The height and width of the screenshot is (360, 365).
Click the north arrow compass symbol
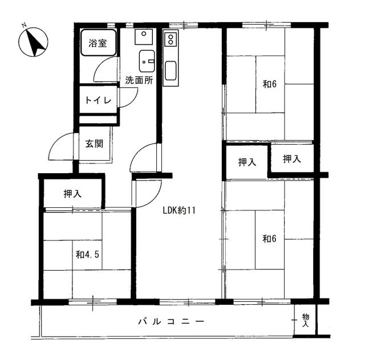[33, 42]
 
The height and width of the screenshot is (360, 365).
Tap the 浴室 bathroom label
[98, 43]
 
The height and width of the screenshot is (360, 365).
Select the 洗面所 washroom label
[139, 80]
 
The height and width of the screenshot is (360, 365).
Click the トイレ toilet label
[98, 100]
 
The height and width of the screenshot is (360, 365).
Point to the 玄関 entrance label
[94, 144]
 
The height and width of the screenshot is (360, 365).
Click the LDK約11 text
[179, 210]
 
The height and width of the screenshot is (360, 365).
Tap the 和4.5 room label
[87, 255]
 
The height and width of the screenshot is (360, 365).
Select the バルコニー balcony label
[171, 322]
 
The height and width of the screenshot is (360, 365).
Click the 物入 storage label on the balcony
[306, 320]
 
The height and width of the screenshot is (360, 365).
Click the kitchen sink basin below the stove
[171, 71]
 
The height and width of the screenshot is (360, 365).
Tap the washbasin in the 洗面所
[147, 61]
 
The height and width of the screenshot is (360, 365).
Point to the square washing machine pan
[144, 37]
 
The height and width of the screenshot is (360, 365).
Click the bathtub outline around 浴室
[98, 43]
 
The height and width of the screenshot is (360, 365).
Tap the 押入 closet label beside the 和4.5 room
[72, 194]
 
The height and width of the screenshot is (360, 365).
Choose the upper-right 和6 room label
[270, 84]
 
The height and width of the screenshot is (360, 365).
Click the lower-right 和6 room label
[269, 239]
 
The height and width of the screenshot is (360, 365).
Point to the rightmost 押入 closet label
[292, 159]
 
